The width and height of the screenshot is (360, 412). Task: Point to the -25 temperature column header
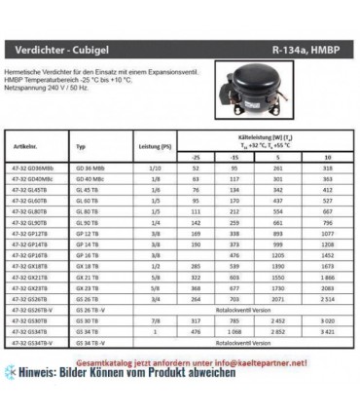[197, 155]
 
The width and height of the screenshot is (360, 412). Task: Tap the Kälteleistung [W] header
[263, 137]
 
